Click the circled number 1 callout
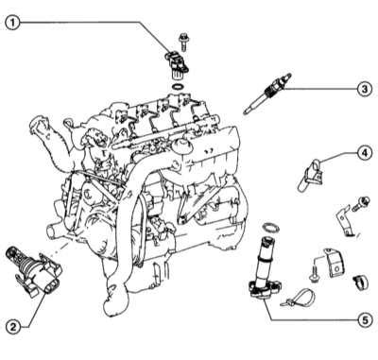tap(13, 23)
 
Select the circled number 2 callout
tap(13, 327)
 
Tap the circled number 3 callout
tap(365, 89)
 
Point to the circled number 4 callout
tap(364, 153)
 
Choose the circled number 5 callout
tap(365, 320)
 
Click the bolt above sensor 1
tap(183, 41)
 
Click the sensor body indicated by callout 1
tap(177, 64)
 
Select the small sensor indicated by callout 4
tap(310, 176)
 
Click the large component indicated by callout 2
tap(34, 271)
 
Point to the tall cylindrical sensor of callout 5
tap(263, 268)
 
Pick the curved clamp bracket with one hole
tap(335, 264)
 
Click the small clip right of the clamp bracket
tap(360, 282)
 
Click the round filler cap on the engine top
tap(181, 147)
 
